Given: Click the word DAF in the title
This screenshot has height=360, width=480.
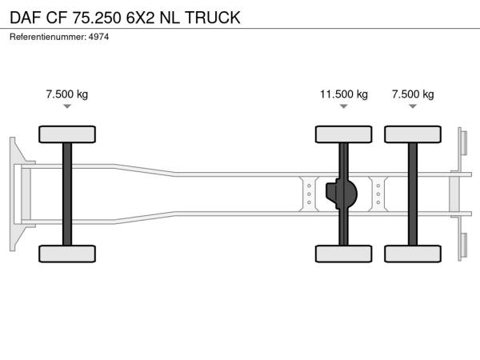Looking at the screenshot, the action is [x=26, y=18].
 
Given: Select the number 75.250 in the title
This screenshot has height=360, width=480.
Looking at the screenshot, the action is [x=97, y=18].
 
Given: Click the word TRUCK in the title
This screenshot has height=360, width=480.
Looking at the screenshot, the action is [x=213, y=18].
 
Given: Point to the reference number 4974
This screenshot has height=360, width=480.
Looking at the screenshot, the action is [x=98, y=37].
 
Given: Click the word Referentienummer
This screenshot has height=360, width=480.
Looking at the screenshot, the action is [x=48, y=37].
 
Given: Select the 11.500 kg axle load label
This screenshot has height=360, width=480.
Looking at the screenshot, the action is [x=344, y=94].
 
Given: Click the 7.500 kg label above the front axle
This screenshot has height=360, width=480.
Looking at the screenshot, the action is [x=67, y=94].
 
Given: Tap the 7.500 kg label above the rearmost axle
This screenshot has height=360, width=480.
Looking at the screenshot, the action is [x=413, y=94].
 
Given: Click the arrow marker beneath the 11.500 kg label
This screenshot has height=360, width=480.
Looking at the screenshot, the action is [x=344, y=106].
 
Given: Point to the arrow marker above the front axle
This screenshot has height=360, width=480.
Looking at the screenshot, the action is [x=67, y=106].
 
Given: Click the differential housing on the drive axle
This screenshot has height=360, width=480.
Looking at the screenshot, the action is [x=342, y=194].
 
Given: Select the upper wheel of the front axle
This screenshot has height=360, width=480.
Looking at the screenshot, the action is [x=67, y=134].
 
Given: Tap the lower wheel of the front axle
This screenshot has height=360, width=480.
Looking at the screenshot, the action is [x=67, y=254].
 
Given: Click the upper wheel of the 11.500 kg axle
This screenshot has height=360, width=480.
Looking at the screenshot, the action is [x=344, y=134].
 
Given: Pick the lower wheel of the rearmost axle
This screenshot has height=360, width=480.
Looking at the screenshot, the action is [x=413, y=254].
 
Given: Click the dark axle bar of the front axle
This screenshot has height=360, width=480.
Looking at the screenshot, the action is [x=67, y=194].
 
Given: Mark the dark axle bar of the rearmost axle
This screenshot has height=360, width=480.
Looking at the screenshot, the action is [x=413, y=194].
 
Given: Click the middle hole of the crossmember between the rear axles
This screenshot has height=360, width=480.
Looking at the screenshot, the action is [x=378, y=194].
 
